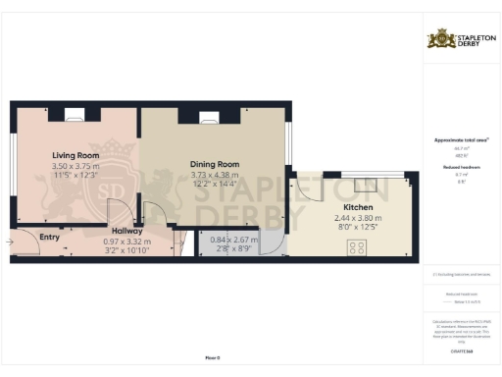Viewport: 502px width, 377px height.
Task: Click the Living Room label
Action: click(75, 155)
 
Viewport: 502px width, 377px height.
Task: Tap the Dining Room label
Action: click(215, 166)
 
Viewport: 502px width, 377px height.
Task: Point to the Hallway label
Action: click(125, 231)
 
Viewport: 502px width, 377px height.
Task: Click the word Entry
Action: click(48, 237)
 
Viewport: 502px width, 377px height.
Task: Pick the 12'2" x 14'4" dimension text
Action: click(215, 185)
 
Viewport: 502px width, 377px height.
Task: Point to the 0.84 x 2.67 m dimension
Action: click(234, 240)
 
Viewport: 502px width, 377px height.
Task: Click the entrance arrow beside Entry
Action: click(10, 239)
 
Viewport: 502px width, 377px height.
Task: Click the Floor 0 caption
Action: click(212, 357)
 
